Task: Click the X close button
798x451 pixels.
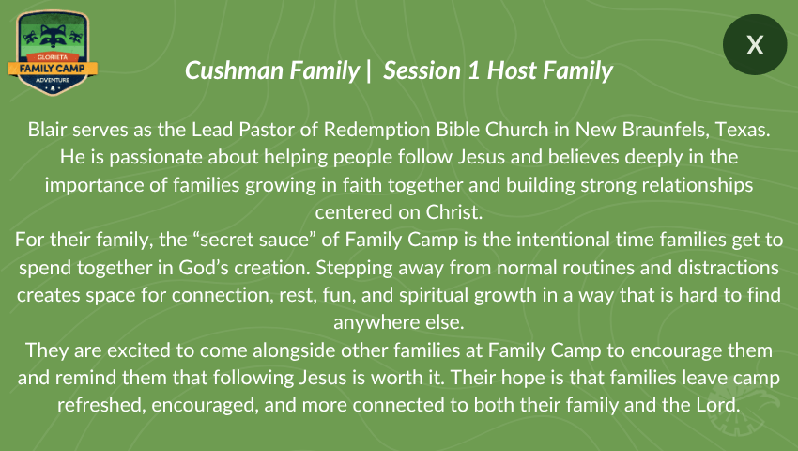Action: (x=755, y=45)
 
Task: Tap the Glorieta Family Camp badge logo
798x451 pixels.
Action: (x=53, y=53)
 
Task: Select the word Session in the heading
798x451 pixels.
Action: (x=422, y=70)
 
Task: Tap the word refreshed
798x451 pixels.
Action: (x=101, y=405)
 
